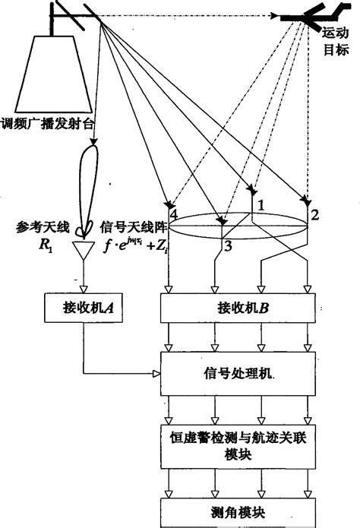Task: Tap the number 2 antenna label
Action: coord(315,214)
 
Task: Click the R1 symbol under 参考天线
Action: coord(39,245)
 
